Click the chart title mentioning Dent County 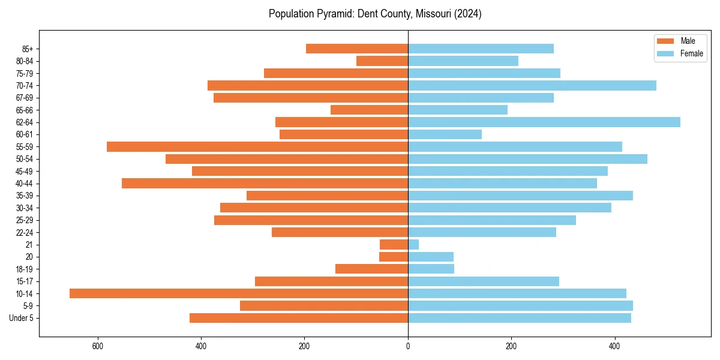[x=375, y=14]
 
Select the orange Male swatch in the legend [x=666, y=41]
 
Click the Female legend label [x=691, y=53]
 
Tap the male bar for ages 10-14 [x=239, y=293]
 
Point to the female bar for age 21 [x=413, y=244]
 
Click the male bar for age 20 [x=394, y=257]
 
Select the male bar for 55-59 [x=257, y=146]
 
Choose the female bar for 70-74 [x=532, y=85]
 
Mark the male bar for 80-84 [x=382, y=61]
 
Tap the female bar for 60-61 [x=445, y=134]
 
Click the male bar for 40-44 [x=265, y=183]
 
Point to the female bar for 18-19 [x=431, y=269]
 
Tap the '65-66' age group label [x=24, y=110]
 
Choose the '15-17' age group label [x=24, y=281]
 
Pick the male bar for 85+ [x=357, y=49]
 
